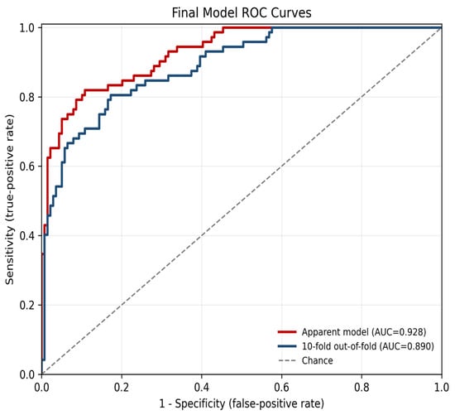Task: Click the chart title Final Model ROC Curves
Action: (x=242, y=12)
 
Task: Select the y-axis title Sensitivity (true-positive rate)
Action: (x=10, y=200)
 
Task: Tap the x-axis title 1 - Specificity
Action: (x=242, y=403)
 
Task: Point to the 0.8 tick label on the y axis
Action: (x=26, y=97)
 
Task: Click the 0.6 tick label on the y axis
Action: (x=26, y=166)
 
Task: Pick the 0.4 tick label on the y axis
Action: (x=26, y=236)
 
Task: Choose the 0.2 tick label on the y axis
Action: (x=26, y=305)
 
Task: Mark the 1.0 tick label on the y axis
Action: (x=26, y=28)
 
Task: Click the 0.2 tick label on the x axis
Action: (x=122, y=388)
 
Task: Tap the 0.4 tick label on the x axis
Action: (x=202, y=388)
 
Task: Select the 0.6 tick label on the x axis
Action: (x=281, y=388)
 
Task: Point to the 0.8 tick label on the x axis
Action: (x=362, y=388)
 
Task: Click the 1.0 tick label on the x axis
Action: (x=442, y=388)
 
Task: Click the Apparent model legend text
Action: (x=364, y=332)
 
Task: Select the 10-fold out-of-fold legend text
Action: (x=368, y=346)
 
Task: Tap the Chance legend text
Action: (x=317, y=360)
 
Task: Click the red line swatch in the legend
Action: (x=287, y=331)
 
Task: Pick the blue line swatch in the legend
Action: (x=287, y=346)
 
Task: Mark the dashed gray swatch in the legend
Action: (x=287, y=360)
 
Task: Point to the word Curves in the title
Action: (x=291, y=12)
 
